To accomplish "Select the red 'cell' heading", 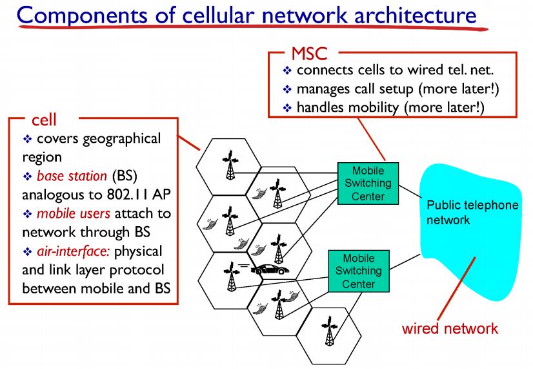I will pos(44,120).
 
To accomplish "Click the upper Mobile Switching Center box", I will pos(368,184).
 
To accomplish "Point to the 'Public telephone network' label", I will pos(472,213).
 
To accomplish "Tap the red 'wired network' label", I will pos(450,328).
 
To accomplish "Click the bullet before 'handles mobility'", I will pos(288,107).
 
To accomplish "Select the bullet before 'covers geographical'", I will pos(27,139).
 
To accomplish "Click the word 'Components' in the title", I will pos(83,15).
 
